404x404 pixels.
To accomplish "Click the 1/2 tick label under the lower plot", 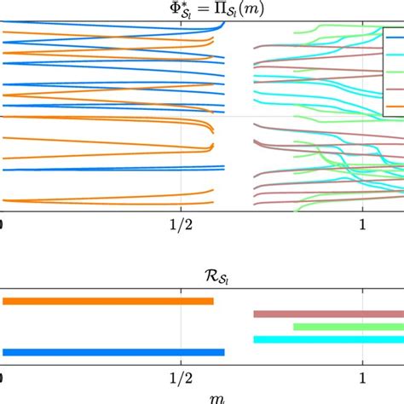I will point(182,376).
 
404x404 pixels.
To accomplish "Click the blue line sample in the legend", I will point(395,38).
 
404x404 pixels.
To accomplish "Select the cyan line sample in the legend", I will point(395,55).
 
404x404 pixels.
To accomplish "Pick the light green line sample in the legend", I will point(395,72).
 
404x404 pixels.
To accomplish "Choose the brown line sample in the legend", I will point(395,89).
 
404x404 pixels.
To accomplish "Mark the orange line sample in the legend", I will point(395,106).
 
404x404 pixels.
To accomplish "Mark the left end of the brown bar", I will point(255,314).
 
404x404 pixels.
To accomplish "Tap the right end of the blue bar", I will point(223,352).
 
